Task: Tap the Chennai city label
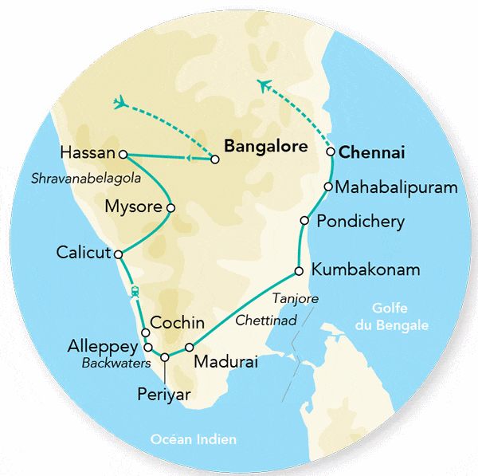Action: [372, 151]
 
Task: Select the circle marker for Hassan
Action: [123, 153]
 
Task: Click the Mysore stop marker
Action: [170, 208]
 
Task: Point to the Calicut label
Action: [83, 252]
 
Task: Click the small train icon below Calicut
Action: [135, 292]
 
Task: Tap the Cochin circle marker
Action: [145, 332]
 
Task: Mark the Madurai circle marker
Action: [189, 347]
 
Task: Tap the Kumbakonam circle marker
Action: [299, 270]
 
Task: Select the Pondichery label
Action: [360, 221]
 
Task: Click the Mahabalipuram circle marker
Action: [327, 187]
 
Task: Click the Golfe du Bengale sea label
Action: [400, 318]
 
